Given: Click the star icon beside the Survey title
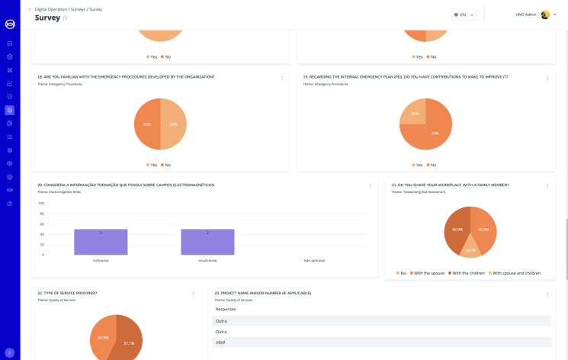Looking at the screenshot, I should click(x=65, y=18).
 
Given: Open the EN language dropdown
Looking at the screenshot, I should click(x=464, y=14).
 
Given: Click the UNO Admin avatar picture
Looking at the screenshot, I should click(x=545, y=14).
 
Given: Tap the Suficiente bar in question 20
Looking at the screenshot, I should click(x=101, y=242).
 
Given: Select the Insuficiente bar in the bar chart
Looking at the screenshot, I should click(x=207, y=242).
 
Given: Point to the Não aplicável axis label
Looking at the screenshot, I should click(x=314, y=260).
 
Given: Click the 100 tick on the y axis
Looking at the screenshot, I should click(x=41, y=204).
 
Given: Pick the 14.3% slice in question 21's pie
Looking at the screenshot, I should click(x=470, y=249).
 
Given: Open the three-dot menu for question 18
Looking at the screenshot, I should click(x=282, y=78).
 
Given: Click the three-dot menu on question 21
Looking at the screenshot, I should click(x=547, y=186).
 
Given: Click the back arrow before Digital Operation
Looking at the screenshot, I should click(x=30, y=9).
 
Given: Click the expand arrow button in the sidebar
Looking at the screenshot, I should click(x=10, y=352).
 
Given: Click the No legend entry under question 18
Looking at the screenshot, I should click(x=165, y=165).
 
